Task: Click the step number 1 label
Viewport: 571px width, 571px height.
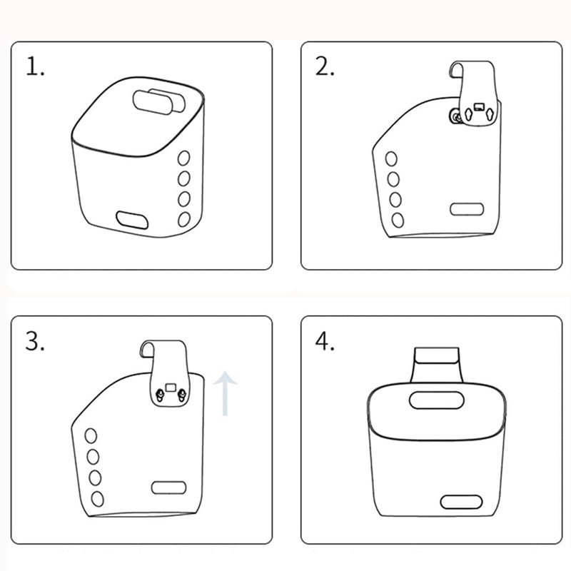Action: coord(35,66)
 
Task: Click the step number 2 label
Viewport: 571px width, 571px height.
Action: coord(325,66)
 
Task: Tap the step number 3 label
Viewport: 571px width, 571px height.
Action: coord(35,342)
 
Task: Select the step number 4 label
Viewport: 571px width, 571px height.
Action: coord(325,342)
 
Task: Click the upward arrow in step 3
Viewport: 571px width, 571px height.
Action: coord(226,393)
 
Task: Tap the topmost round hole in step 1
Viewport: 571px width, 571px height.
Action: coord(183,158)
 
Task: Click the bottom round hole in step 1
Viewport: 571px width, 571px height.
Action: coord(184,219)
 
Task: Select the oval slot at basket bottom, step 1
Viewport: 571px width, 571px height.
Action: coord(132,220)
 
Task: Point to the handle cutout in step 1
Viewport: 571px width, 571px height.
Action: coord(158,101)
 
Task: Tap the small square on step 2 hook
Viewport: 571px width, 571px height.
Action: coord(478,107)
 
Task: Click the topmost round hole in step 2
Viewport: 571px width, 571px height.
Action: coord(391,159)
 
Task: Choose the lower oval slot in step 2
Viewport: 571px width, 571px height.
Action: coord(467,209)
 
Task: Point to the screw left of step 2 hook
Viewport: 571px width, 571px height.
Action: coord(454,117)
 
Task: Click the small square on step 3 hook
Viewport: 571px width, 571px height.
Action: coord(170,387)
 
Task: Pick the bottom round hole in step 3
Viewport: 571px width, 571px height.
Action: coord(97,499)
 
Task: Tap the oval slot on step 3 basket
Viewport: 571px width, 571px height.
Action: coord(168,487)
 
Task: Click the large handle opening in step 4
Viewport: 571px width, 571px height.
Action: coord(437,400)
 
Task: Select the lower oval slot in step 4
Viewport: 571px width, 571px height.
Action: coord(461,502)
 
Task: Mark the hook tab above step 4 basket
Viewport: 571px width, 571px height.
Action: coord(437,355)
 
